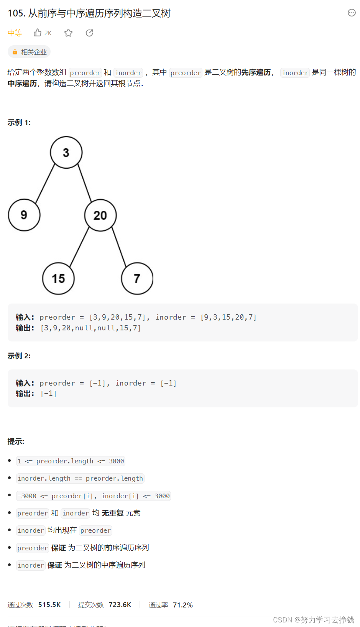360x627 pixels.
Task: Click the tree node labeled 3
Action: (x=66, y=153)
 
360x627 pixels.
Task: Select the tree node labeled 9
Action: (x=24, y=215)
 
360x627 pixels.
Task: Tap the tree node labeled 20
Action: (x=100, y=215)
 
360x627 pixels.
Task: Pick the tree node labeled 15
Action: (x=58, y=279)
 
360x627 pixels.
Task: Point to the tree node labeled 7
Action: (x=137, y=279)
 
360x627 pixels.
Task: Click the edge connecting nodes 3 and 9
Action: (x=45, y=183)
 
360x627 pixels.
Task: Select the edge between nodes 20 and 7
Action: (x=119, y=246)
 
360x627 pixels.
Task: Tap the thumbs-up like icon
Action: (x=38, y=33)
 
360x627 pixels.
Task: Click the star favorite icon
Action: (x=69, y=33)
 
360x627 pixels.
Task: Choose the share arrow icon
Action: (x=89, y=33)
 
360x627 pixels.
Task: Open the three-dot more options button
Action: (x=352, y=13)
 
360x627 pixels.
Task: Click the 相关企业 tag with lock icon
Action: (x=30, y=52)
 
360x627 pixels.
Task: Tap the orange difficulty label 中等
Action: (x=15, y=33)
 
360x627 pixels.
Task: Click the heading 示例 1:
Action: (x=19, y=123)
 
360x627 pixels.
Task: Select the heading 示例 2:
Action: (x=19, y=356)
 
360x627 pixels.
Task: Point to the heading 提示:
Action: (x=16, y=442)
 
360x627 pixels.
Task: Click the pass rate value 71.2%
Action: (x=183, y=605)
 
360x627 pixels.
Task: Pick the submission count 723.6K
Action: (x=120, y=604)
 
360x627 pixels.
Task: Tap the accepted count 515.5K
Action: (x=49, y=604)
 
